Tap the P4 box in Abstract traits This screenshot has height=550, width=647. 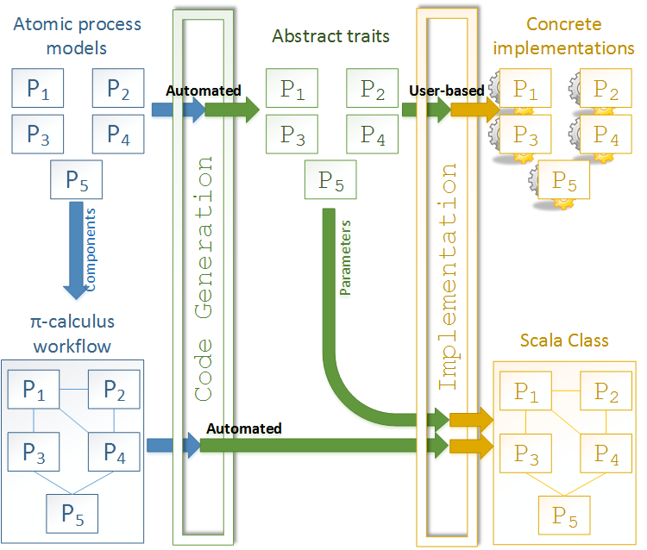pyautogui.click(x=372, y=135)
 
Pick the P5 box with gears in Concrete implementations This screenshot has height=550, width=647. pyautogui.click(x=563, y=181)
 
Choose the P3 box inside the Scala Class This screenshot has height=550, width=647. pyautogui.click(x=525, y=453)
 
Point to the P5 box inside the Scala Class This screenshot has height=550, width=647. pyautogui.click(x=564, y=516)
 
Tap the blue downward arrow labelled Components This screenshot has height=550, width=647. pyautogui.click(x=83, y=250)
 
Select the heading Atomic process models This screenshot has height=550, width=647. pyautogui.click(x=78, y=34)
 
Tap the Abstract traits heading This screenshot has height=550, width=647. pyautogui.click(x=330, y=36)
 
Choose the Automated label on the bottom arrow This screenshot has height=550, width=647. pyautogui.click(x=243, y=428)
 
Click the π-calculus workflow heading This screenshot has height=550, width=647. pyautogui.click(x=72, y=334)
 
